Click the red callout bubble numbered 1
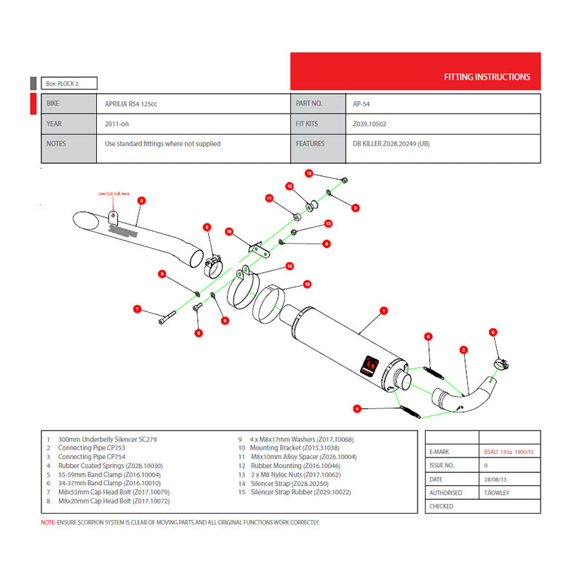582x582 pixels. click(383, 310)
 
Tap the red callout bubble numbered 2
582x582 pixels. click(463, 350)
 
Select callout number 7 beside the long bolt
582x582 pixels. click(136, 309)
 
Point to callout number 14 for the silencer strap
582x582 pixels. click(289, 266)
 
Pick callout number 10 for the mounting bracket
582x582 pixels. click(228, 232)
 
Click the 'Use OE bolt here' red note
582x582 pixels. click(114, 194)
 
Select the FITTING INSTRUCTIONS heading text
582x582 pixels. click(487, 77)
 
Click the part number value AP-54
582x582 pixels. click(362, 104)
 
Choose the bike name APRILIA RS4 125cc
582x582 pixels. click(131, 104)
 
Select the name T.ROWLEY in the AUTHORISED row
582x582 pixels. click(498, 493)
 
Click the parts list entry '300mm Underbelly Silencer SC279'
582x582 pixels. click(107, 439)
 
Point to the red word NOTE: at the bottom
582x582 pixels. click(48, 522)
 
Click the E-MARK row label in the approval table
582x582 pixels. click(441, 453)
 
